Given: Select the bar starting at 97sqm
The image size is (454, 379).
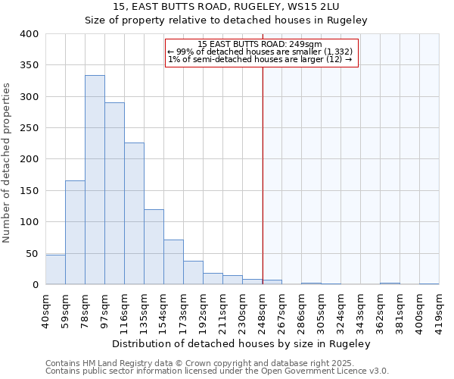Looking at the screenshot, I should coord(114,193).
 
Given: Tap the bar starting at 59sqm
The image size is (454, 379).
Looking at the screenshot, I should coord(75,232).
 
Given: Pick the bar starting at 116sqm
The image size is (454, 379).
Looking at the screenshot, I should coord(134,213).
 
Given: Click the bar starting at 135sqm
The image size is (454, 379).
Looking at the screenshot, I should coord(154,246).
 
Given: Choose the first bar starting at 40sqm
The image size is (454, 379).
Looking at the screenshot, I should coord(55,269).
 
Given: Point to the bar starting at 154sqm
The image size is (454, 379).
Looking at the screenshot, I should coord(173,262).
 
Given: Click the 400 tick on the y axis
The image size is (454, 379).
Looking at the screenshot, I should coord(29,34).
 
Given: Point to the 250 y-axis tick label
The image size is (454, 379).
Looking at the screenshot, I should coord(29,128).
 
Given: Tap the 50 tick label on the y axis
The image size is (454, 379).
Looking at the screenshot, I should coord(32,253).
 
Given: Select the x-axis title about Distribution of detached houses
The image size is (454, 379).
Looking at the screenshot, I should coord(242,343).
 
